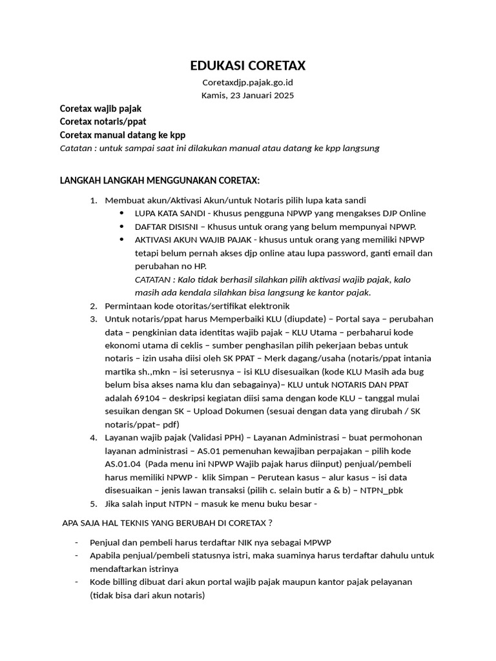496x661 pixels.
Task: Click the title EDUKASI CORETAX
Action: pyautogui.click(x=247, y=65)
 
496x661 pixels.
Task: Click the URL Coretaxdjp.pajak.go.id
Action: pyautogui.click(x=247, y=83)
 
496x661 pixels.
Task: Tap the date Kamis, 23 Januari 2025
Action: pyautogui.click(x=247, y=96)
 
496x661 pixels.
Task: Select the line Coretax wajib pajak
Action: pyautogui.click(x=100, y=109)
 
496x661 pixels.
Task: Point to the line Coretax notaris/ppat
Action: pyautogui.click(x=103, y=121)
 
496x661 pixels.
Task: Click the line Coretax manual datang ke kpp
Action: pyautogui.click(x=122, y=134)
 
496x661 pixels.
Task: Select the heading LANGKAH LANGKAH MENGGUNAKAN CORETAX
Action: pyautogui.click(x=160, y=179)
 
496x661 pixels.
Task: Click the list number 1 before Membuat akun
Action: pyautogui.click(x=93, y=200)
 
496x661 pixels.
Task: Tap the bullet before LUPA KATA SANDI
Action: pyautogui.click(x=123, y=213)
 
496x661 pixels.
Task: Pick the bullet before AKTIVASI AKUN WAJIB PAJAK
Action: pyautogui.click(x=123, y=239)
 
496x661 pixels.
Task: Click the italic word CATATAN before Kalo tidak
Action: pyautogui.click(x=152, y=280)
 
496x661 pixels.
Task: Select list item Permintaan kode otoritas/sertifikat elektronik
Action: pyautogui.click(x=198, y=306)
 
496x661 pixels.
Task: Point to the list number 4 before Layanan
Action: pyautogui.click(x=93, y=438)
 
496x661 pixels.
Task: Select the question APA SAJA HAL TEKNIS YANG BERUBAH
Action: pyautogui.click(x=166, y=522)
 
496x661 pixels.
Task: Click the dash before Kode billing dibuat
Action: pyautogui.click(x=77, y=582)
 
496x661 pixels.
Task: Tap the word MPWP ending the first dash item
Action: pyautogui.click(x=316, y=542)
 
